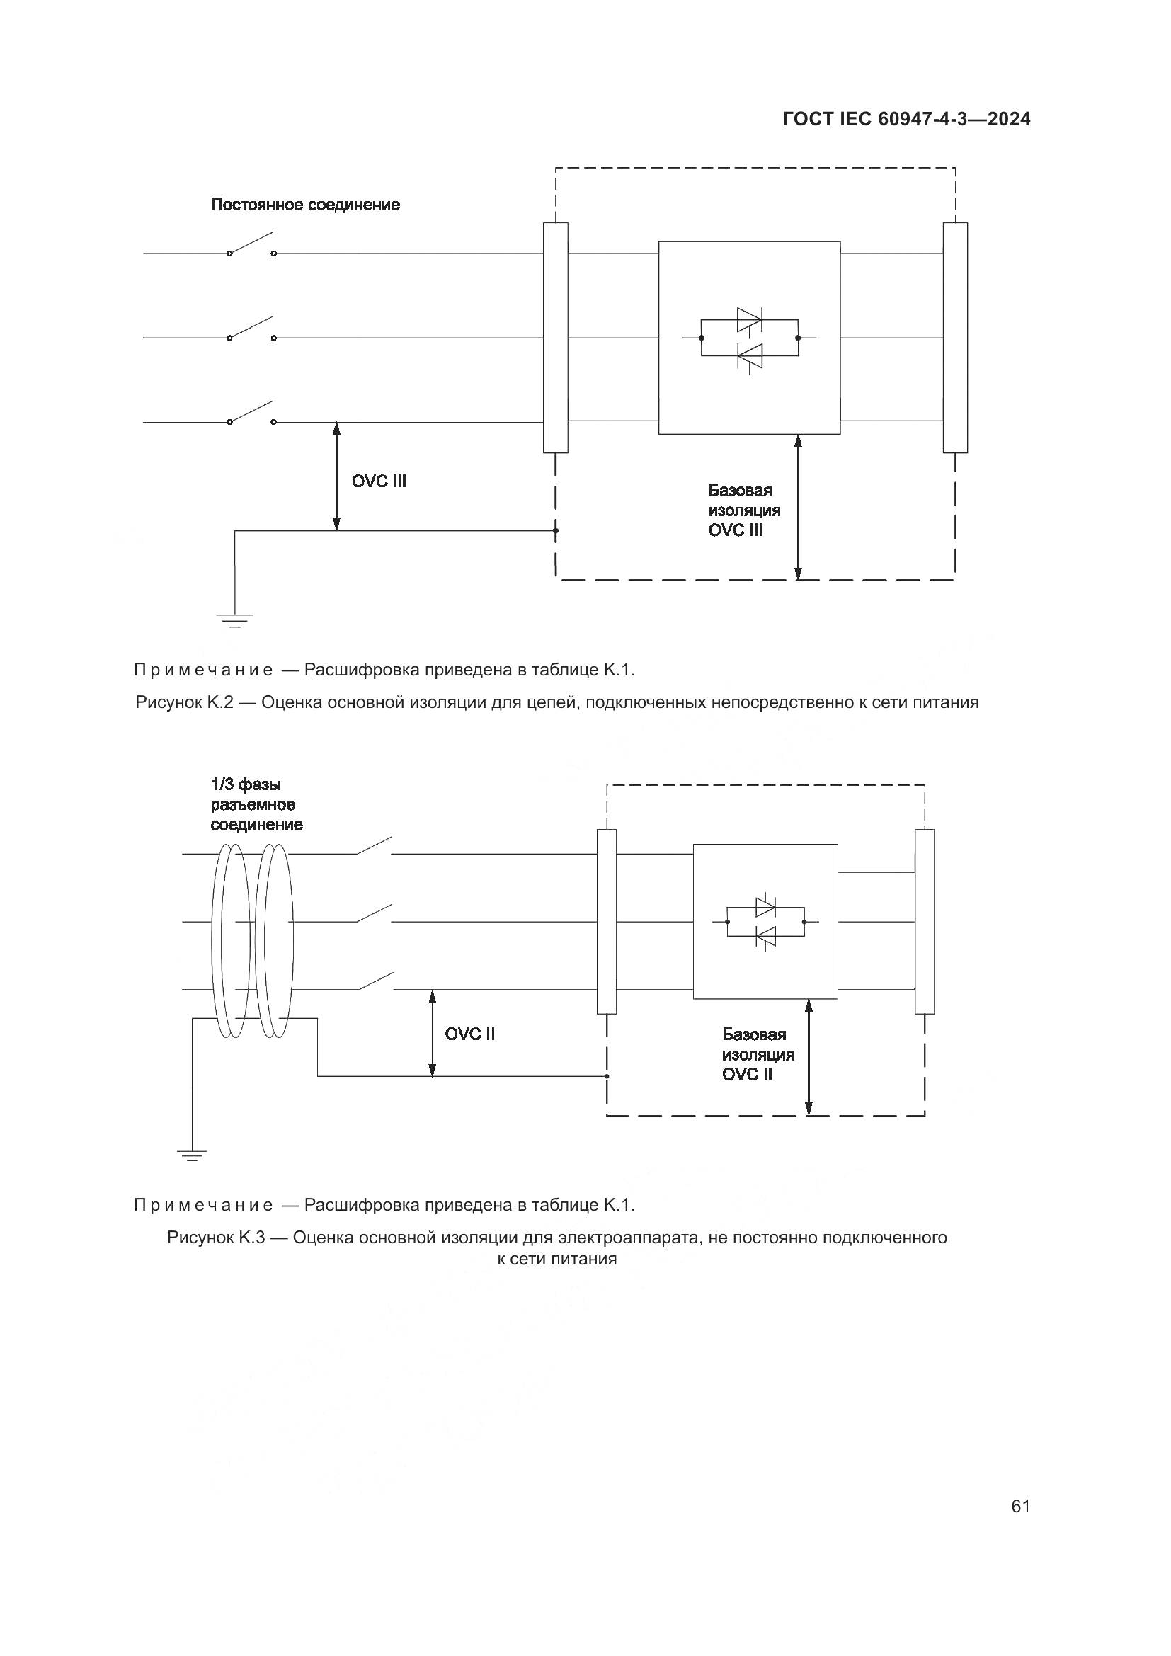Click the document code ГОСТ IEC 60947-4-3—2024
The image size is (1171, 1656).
906,120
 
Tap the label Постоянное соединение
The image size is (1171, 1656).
305,205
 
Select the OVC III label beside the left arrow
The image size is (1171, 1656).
379,481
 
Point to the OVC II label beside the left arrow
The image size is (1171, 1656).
469,1034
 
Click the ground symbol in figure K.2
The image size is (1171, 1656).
235,619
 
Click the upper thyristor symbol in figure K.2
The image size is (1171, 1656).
749,319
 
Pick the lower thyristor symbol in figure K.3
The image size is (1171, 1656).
766,937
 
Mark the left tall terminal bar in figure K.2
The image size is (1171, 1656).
555,338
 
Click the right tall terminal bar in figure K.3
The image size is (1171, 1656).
925,922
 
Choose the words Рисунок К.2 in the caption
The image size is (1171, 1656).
184,702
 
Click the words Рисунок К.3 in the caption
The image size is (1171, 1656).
217,1238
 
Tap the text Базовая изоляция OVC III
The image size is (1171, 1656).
743,510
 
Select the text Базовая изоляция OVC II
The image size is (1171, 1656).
757,1054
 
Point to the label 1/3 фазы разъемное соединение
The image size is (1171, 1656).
256,804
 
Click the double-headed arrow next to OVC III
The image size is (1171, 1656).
336,476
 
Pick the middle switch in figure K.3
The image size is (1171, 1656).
374,915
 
